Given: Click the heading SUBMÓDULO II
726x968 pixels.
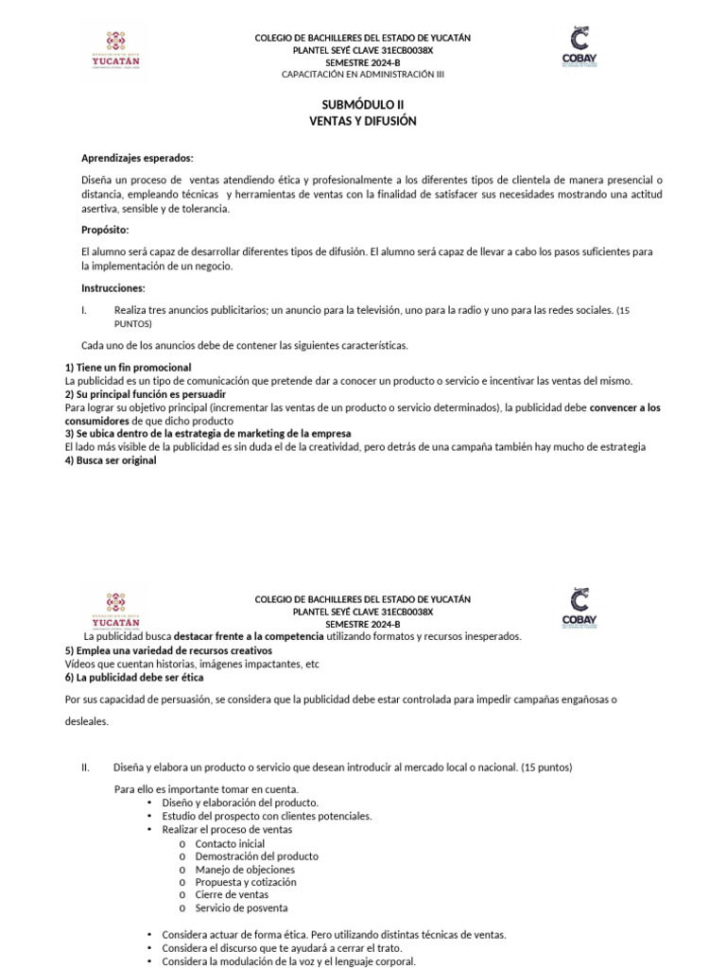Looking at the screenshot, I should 362,105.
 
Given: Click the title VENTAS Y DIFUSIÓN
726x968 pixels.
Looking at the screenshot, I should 362,121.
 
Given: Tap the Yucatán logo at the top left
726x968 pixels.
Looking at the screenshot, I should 116,51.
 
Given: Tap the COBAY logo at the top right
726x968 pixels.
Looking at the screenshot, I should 579,48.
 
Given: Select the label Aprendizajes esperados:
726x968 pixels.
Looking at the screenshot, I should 137,158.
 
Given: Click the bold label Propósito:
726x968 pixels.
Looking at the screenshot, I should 105,230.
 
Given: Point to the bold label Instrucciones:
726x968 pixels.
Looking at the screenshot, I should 113,287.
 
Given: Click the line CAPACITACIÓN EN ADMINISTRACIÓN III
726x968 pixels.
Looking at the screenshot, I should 362,73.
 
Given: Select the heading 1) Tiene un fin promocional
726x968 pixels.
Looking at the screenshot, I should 128,367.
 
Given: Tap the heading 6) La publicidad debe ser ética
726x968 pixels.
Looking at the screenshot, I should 133,677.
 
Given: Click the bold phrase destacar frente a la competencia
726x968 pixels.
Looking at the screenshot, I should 249,637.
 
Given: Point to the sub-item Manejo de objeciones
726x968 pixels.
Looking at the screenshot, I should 245,869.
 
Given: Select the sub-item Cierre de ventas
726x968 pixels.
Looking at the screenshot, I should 232,894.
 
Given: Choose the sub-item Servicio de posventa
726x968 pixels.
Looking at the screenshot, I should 241,907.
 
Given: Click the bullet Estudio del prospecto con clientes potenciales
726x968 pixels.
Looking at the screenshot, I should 267,815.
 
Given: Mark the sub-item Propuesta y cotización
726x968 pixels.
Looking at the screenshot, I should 245,882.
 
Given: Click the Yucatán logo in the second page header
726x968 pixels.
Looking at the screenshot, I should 116,610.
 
